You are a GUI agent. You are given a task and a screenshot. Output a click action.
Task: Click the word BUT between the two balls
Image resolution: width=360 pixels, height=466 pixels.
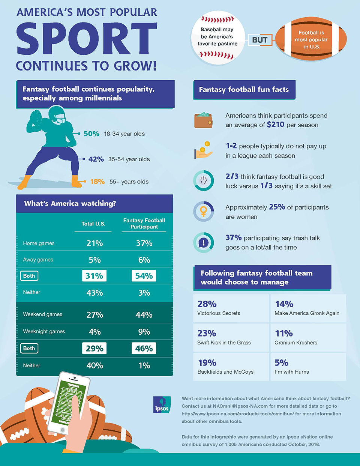point(260,40)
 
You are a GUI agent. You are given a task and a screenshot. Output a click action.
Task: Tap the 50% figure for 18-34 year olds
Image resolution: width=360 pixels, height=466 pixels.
point(91,134)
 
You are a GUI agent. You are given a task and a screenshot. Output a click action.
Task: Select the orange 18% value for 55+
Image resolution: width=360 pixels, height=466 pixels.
point(97,182)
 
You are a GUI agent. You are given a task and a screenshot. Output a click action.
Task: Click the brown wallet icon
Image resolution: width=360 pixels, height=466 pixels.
point(203,120)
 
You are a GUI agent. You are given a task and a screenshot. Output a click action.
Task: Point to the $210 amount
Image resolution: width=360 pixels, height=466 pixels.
point(276,125)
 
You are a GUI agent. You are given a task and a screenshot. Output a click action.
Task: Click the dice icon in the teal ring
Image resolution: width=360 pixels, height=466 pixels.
point(203,180)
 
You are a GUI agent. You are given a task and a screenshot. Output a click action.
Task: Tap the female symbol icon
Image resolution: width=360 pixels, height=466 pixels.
point(203,211)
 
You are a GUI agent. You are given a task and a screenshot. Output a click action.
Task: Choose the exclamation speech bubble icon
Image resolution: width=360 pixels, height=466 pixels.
point(203,242)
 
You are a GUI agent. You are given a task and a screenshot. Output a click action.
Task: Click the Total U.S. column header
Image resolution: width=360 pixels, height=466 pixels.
point(93,224)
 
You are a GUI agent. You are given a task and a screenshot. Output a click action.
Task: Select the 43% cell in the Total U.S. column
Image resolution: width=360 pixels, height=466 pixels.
point(94,293)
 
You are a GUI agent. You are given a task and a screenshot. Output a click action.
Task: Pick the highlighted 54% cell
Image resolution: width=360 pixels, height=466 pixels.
point(144,276)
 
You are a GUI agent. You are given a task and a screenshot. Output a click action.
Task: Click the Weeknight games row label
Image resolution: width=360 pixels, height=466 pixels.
point(44,331)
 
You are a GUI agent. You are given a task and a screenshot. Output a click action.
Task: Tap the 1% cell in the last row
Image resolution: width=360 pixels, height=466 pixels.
point(144,365)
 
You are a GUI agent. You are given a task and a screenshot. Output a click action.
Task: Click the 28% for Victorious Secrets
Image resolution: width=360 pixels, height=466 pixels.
point(207,304)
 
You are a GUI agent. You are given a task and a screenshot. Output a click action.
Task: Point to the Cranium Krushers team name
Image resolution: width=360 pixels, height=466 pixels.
point(296,343)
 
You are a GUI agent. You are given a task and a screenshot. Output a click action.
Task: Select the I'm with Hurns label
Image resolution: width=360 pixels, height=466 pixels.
point(292,372)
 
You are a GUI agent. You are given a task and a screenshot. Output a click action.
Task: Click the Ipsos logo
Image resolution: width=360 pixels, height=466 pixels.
point(162,405)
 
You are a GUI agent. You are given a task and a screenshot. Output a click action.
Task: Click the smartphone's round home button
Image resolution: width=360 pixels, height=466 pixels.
point(63,430)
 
